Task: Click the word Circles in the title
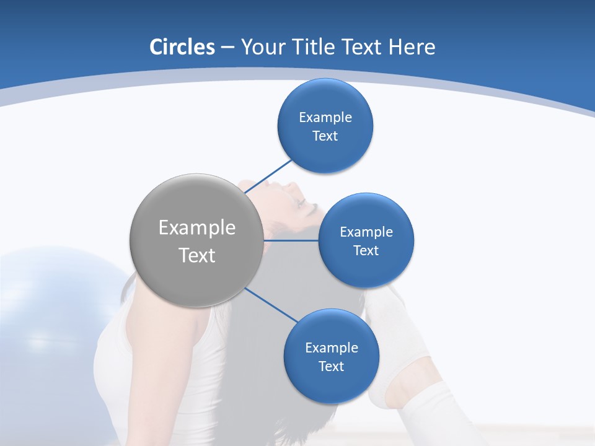coord(182,47)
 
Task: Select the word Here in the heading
coord(412,47)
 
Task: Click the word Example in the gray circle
coord(196,228)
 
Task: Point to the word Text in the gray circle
coord(196,255)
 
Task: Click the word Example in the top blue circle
coord(325,118)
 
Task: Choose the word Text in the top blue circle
coord(325,136)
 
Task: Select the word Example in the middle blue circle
coord(366,232)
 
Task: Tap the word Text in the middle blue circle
coord(366,251)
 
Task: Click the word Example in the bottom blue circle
coord(331,348)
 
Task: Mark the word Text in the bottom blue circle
coord(331,367)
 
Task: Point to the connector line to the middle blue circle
coord(291,240)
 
